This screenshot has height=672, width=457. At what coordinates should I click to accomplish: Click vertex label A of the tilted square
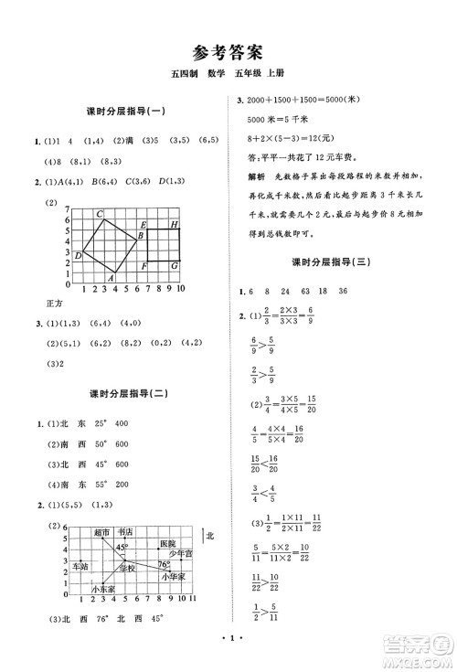[x=111, y=279]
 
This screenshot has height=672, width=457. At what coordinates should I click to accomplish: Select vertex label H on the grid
[x=174, y=224]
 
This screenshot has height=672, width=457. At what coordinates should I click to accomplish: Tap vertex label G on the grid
[x=174, y=265]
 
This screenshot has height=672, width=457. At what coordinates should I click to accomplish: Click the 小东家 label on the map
[x=103, y=590]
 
